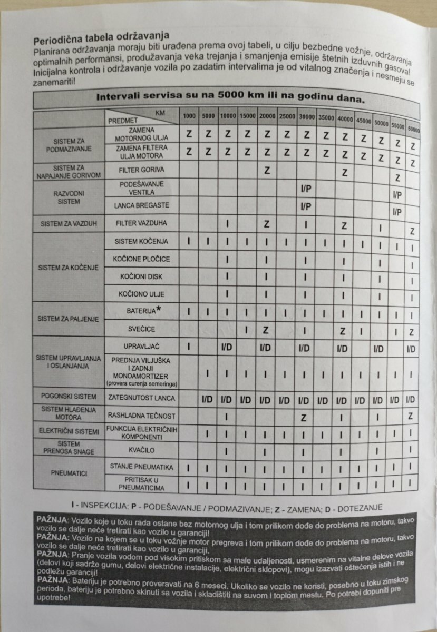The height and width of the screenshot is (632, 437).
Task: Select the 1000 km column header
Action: pyautogui.click(x=188, y=115)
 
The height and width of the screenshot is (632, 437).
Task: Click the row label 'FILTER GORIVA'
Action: pyautogui.click(x=142, y=171)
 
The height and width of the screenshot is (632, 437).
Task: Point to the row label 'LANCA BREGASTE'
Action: pyautogui.click(x=142, y=205)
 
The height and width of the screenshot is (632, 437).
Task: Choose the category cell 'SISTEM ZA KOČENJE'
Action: pyautogui.click(x=69, y=268)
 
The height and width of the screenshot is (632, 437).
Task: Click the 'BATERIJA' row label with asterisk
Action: pyautogui.click(x=142, y=311)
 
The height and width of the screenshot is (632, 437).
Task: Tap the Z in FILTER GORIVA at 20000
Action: pyautogui.click(x=267, y=171)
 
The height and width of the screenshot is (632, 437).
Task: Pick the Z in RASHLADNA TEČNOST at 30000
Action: pyautogui.click(x=304, y=417)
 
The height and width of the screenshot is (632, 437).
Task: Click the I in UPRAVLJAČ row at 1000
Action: pyautogui.click(x=188, y=348)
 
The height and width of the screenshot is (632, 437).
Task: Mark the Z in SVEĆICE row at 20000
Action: pyautogui.click(x=266, y=330)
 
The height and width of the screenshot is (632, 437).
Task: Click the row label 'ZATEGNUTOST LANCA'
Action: pyautogui.click(x=142, y=398)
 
